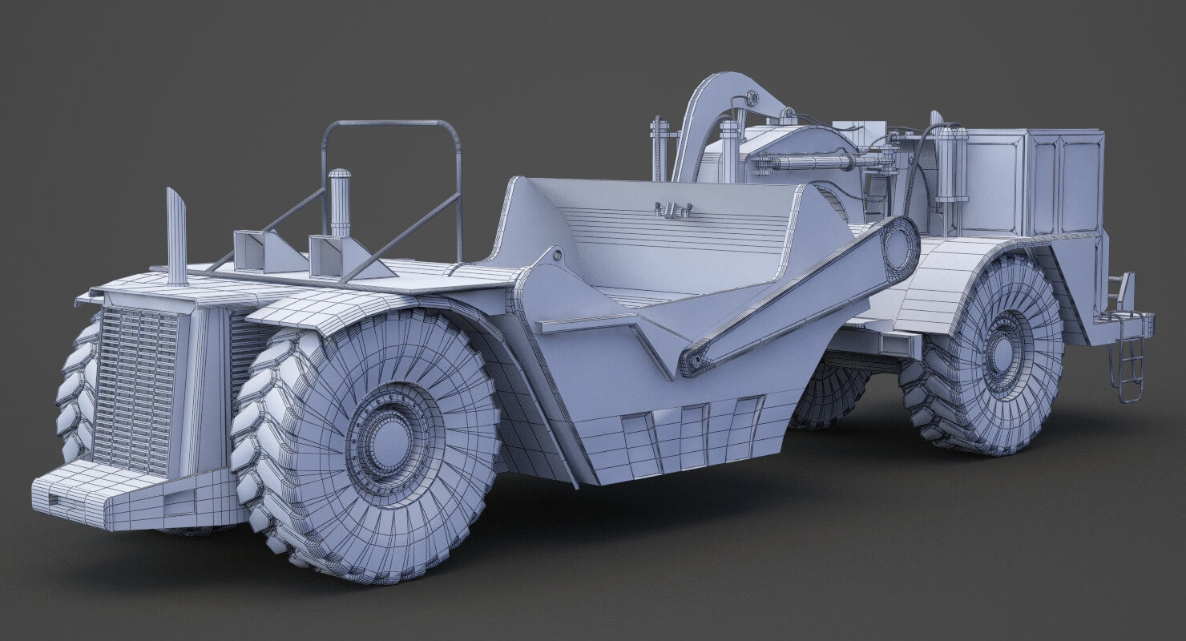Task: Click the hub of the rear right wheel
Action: (1002, 353)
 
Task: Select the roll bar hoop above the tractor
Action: (393, 128)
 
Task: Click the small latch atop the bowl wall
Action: (672, 210)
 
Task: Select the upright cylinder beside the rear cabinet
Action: (951, 164)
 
